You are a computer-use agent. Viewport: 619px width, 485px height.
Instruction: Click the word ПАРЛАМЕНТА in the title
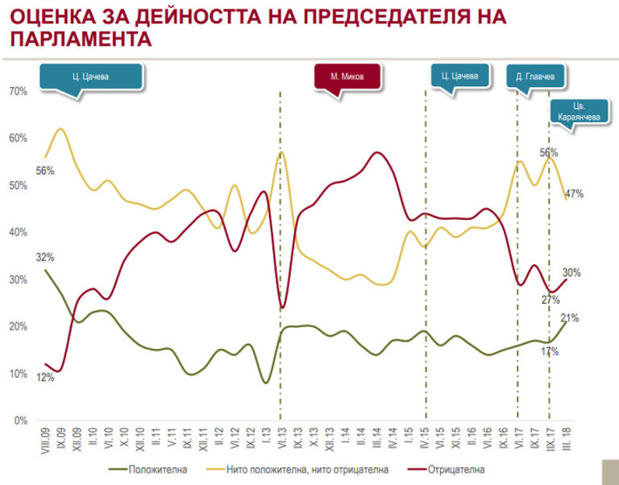click(x=84, y=39)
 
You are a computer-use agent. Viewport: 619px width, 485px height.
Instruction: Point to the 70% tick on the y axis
click(x=19, y=92)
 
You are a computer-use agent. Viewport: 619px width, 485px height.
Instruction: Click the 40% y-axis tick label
click(x=19, y=233)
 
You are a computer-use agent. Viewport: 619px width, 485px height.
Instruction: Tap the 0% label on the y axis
click(x=22, y=421)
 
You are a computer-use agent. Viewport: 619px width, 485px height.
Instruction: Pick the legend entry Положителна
click(x=153, y=466)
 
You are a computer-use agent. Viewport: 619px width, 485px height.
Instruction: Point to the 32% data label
click(x=45, y=258)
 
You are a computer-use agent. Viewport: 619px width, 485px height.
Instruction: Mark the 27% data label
click(x=550, y=301)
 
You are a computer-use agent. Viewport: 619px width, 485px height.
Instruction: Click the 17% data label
click(x=550, y=351)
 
